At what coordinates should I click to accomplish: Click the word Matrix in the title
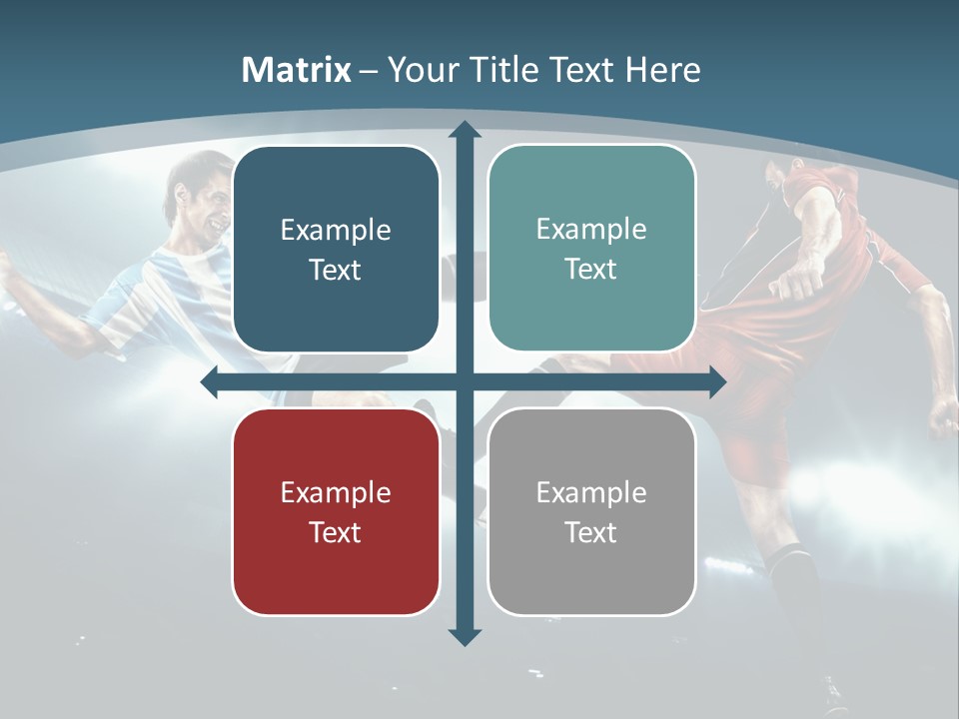click(x=297, y=70)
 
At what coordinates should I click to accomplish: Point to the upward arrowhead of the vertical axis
click(x=465, y=131)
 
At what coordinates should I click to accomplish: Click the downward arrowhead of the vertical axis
click(x=465, y=636)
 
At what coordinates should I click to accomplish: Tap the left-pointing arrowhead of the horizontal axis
click(x=211, y=382)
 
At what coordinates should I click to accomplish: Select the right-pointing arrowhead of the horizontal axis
click(x=716, y=382)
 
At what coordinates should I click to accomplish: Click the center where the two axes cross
click(x=465, y=382)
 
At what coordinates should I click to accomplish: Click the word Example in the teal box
click(x=591, y=229)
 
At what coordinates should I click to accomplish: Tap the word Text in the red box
click(x=336, y=532)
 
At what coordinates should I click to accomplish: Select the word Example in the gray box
click(x=591, y=492)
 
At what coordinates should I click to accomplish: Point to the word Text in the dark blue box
click(x=336, y=270)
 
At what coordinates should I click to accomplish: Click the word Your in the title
click(x=421, y=70)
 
